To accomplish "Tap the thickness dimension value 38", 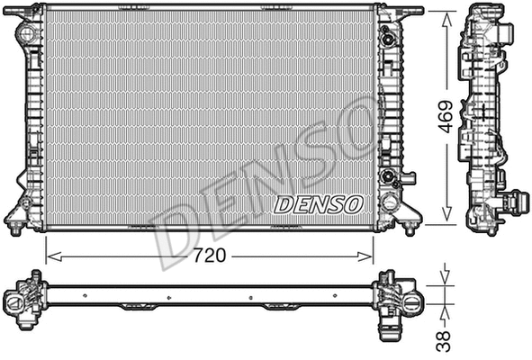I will (x=442, y=339).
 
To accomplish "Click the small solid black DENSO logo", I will (x=319, y=204).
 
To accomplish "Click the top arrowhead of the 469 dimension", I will (x=446, y=15).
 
